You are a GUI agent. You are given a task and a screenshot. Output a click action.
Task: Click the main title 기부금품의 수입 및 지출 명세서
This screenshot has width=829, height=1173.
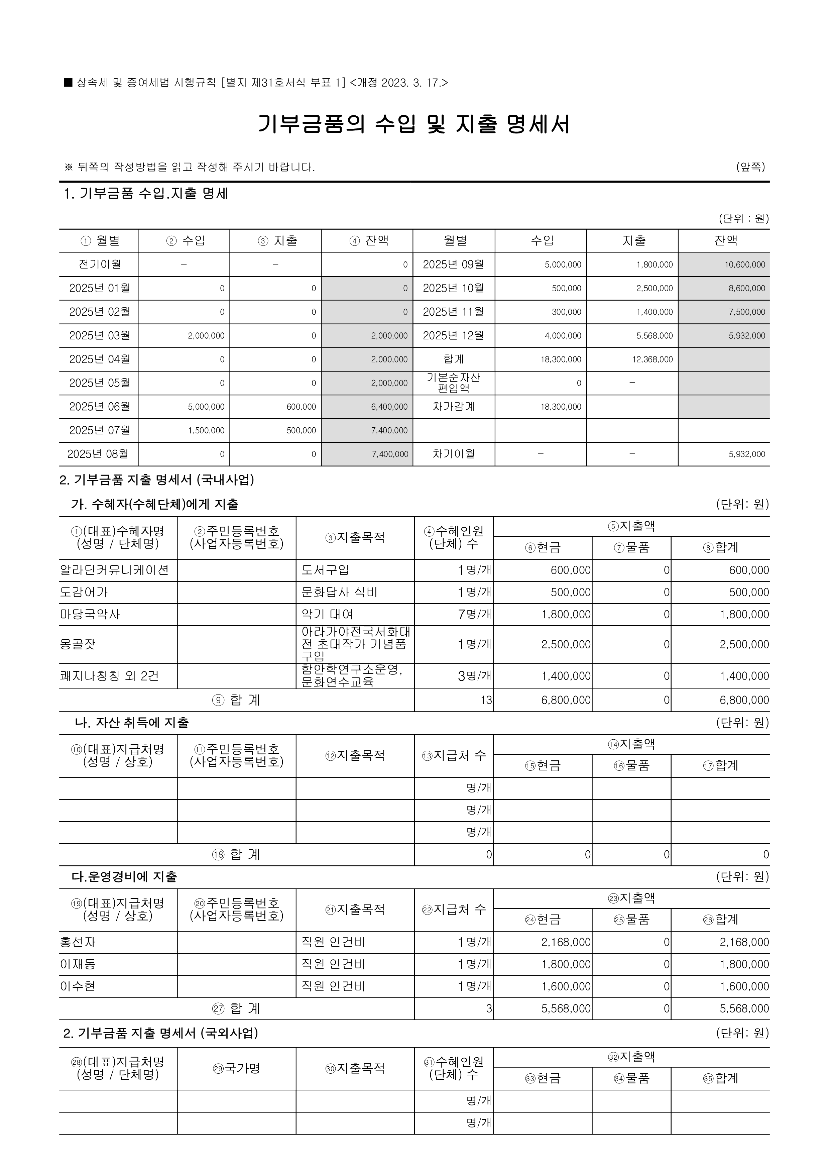pyautogui.click(x=414, y=124)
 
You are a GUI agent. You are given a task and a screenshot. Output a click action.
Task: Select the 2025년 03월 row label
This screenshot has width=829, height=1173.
pyautogui.click(x=100, y=336)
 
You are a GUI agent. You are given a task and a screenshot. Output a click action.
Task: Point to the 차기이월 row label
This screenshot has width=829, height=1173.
pyautogui.click(x=454, y=454)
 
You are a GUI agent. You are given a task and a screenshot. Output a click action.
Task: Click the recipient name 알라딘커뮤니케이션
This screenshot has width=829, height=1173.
pyautogui.click(x=114, y=570)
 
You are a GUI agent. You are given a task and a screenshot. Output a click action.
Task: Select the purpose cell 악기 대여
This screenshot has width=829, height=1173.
pyautogui.click(x=327, y=614)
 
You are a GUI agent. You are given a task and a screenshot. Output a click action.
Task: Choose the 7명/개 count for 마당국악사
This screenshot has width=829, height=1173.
pyautogui.click(x=474, y=614)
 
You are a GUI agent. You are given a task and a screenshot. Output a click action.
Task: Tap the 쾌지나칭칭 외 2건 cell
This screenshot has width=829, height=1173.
pyautogui.click(x=109, y=676)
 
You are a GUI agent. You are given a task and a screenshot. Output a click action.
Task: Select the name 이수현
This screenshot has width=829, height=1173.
pyautogui.click(x=78, y=986)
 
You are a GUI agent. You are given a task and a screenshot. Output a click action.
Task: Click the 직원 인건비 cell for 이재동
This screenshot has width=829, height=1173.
pyautogui.click(x=333, y=964)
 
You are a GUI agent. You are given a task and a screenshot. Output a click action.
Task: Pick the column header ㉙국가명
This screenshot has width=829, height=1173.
pyautogui.click(x=236, y=1068)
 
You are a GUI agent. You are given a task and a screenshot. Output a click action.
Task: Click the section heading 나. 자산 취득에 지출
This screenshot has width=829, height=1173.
pyautogui.click(x=132, y=722)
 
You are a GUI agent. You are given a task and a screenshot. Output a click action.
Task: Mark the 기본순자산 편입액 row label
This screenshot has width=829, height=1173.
pyautogui.click(x=454, y=383)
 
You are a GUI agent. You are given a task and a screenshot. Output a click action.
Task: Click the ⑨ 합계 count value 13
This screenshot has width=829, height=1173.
pyautogui.click(x=486, y=700)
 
